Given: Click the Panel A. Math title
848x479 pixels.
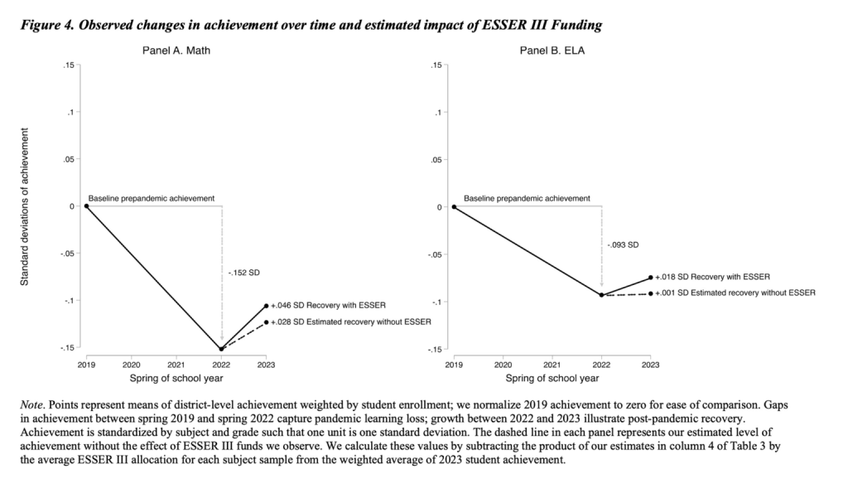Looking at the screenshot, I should click(175, 51).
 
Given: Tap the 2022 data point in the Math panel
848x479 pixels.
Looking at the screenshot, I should click(221, 349).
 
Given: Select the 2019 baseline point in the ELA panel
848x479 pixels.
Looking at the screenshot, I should click(454, 206).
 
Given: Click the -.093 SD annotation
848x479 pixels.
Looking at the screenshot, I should click(624, 244).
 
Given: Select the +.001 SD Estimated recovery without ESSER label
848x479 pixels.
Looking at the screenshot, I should click(735, 293).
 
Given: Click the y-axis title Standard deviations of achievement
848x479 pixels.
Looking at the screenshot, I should click(25, 207).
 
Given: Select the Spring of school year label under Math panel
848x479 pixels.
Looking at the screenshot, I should click(175, 378).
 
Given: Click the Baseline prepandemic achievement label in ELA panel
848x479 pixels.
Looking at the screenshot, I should click(527, 199).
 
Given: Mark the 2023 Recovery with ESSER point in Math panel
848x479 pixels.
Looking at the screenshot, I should click(266, 306).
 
